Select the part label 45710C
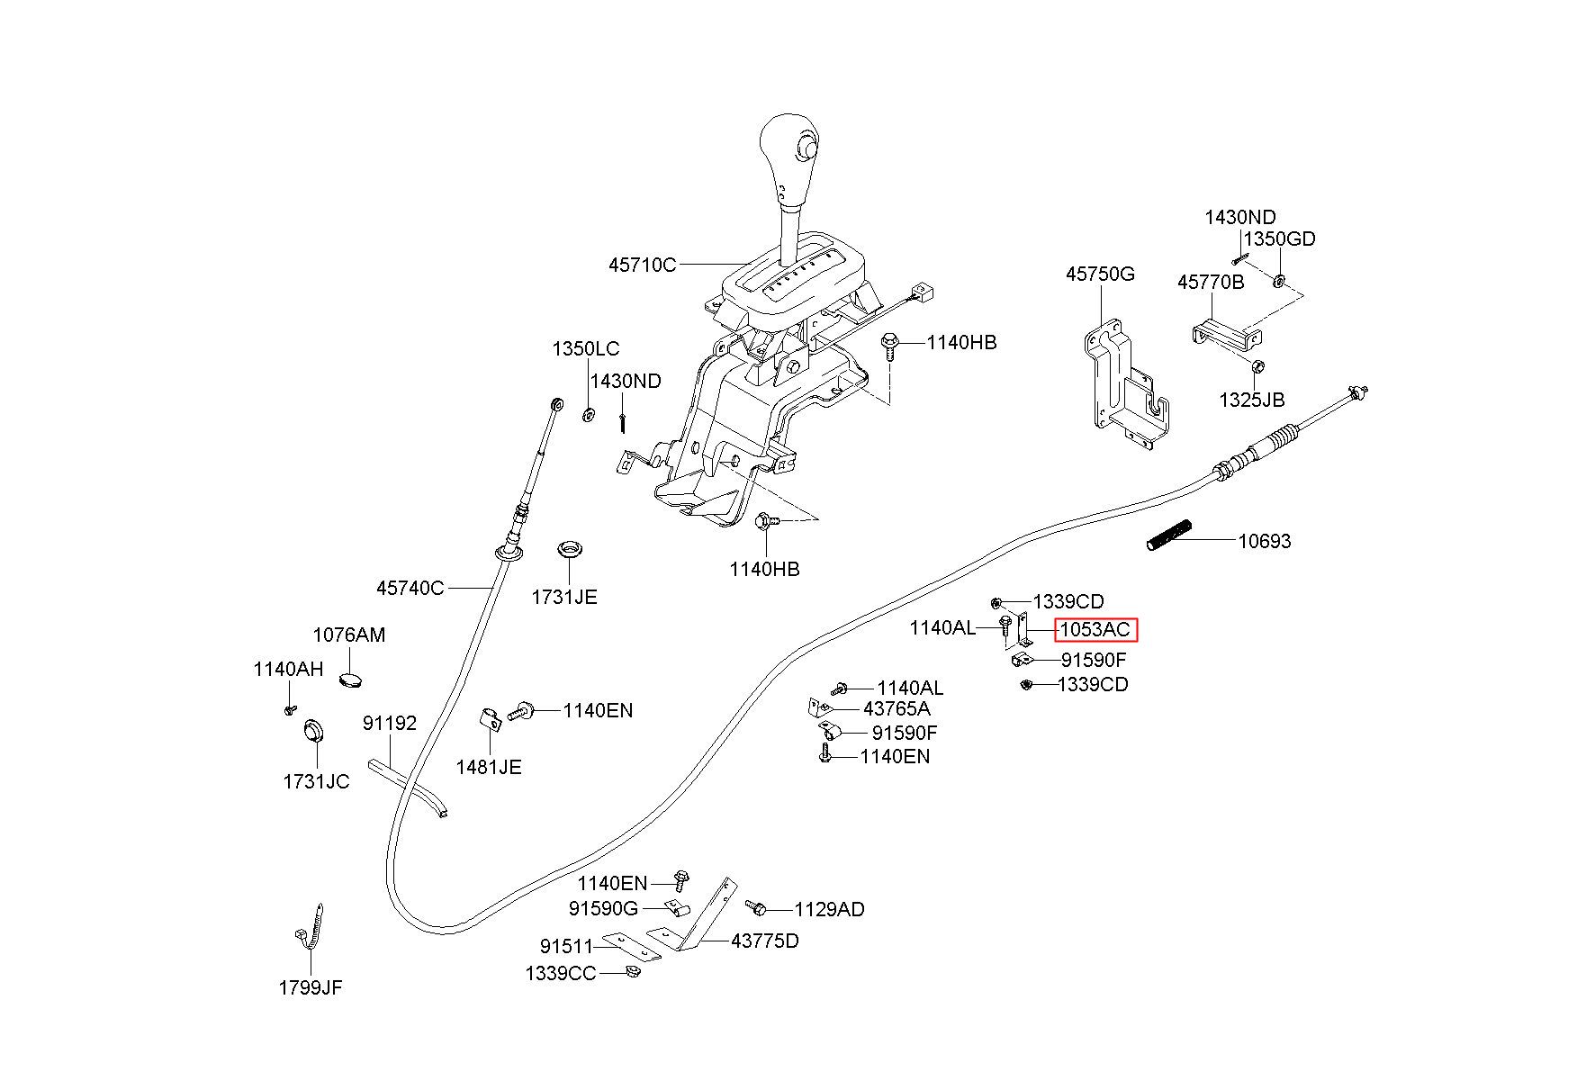point(642,265)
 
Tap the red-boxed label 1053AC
point(1095,629)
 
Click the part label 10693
point(1264,541)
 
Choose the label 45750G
point(1100,274)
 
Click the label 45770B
point(1211,283)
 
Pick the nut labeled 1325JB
point(1258,366)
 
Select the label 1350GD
point(1279,239)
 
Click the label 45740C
point(410,588)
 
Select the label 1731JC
point(316,781)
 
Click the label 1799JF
point(311,987)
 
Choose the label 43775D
point(764,941)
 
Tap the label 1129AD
point(829,909)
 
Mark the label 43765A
point(897,709)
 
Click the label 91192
point(390,723)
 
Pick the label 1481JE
point(489,767)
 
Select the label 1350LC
point(586,348)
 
